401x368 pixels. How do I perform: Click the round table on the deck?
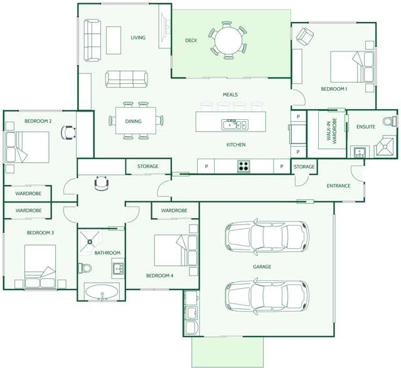coord(228,40)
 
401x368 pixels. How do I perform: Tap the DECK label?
coord(191,40)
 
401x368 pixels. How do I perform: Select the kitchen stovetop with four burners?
coord(243,166)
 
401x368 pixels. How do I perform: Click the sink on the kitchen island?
coord(235,125)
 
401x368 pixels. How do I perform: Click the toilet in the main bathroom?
coord(85,268)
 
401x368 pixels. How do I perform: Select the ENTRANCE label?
coord(338,186)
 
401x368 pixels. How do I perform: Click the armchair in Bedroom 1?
coord(305,36)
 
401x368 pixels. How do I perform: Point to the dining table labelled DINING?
coord(136,120)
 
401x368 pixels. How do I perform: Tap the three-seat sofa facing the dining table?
coord(127,79)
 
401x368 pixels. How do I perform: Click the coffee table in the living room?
coord(114,40)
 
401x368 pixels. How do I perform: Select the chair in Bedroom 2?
coord(68,132)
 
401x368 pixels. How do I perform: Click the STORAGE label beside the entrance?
coord(304,167)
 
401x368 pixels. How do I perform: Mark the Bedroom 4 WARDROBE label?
coord(174,210)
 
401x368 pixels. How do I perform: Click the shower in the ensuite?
coord(385,147)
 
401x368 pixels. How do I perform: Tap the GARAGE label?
coord(262,267)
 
